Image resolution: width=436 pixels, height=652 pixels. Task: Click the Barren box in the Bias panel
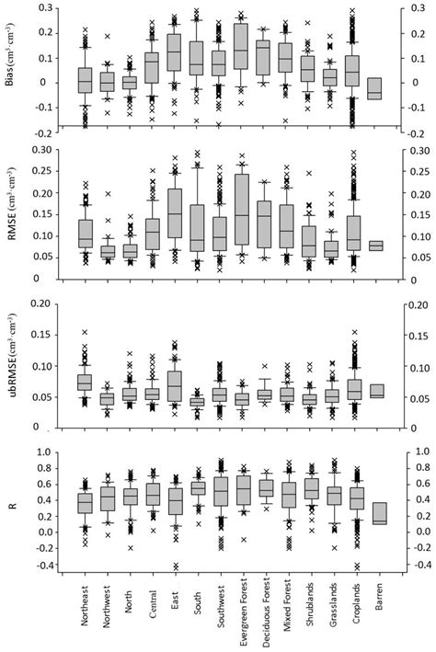[x=374, y=88]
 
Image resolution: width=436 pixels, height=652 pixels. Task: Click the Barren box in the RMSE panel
[x=374, y=246]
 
